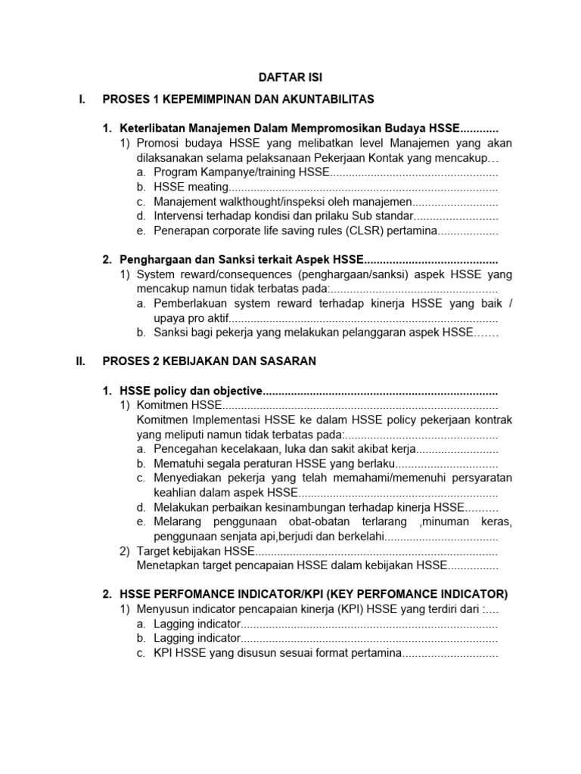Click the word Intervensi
click(179, 216)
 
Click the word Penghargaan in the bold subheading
click(154, 260)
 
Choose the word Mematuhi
click(179, 464)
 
